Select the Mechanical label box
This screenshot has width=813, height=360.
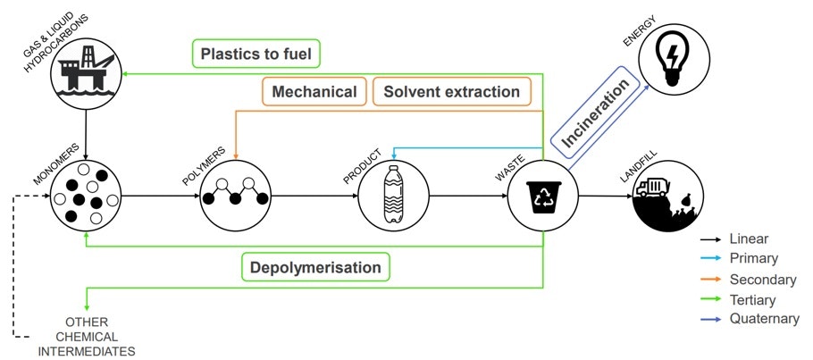point(314,92)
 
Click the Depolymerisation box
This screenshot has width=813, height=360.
point(315,267)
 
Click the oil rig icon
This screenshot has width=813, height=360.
point(86,76)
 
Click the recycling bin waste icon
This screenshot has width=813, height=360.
point(542,196)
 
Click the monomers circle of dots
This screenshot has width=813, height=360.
point(86,195)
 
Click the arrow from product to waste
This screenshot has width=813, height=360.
point(466,196)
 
